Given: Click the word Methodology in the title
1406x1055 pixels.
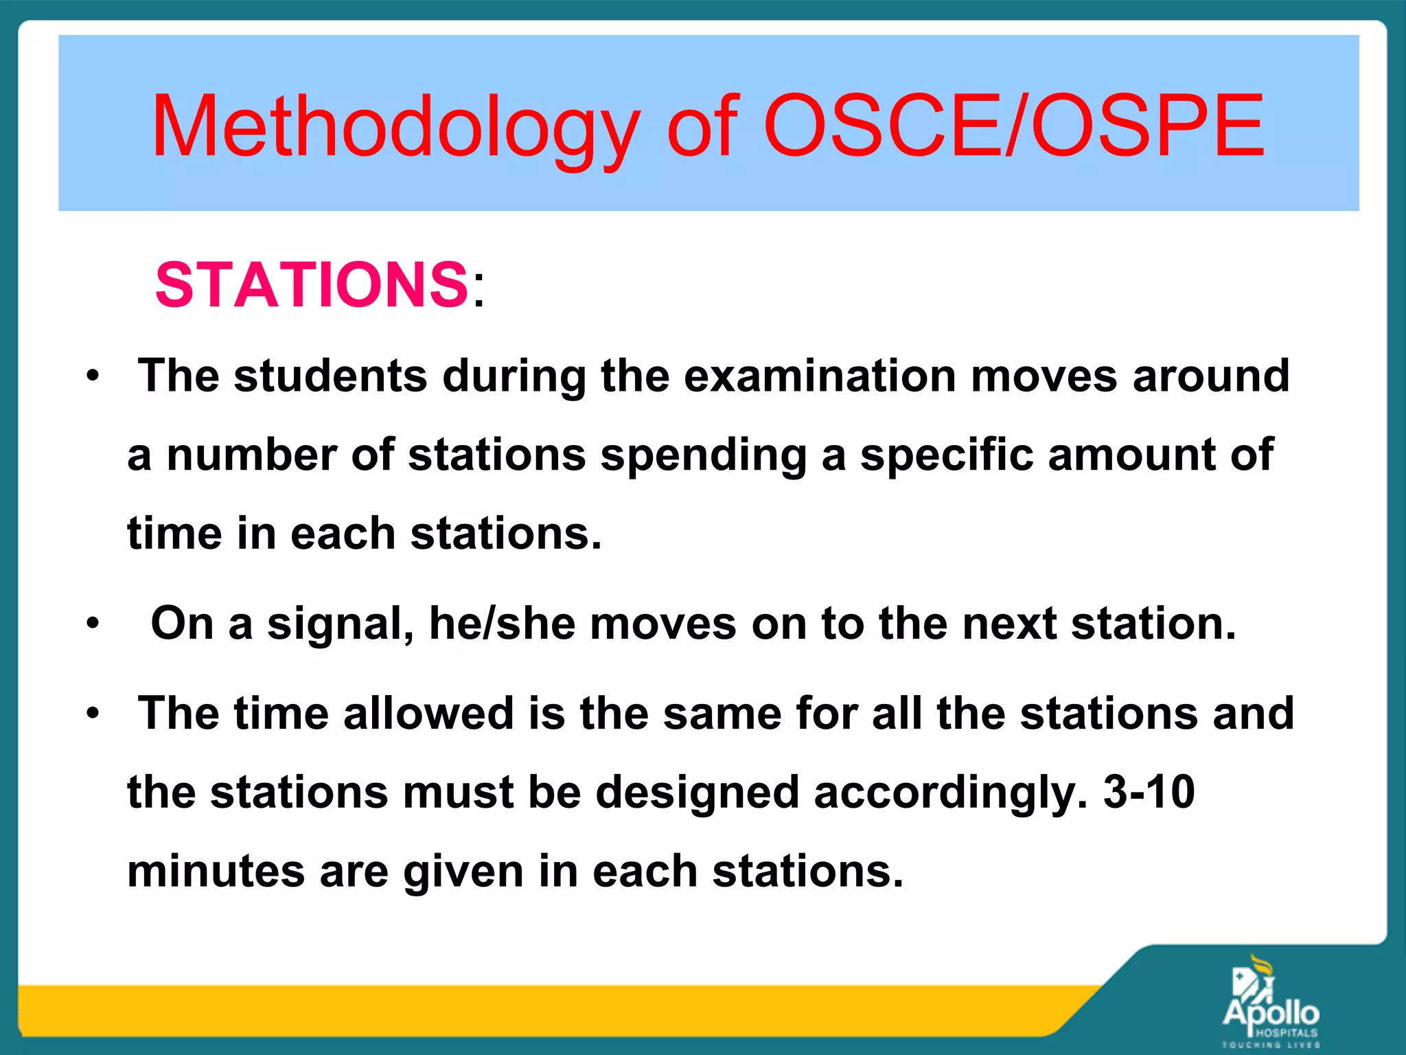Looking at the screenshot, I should click(395, 127).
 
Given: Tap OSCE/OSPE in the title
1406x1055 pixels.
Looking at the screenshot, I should click(1013, 127).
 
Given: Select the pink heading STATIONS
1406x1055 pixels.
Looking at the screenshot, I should click(312, 284).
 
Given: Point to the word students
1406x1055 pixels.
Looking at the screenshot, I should click(330, 376).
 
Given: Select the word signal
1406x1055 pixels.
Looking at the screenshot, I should click(341, 624).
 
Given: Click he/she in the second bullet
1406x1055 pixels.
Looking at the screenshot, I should click(502, 624).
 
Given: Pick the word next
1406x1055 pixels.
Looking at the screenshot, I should click(1009, 624).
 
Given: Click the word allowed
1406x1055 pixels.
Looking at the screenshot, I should click(428, 713).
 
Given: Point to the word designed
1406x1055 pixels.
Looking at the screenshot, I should click(697, 792).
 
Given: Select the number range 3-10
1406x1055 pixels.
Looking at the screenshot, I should click(1149, 792).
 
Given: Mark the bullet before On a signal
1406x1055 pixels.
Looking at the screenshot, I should click(93, 624).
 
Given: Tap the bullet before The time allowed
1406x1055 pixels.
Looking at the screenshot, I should click(93, 714).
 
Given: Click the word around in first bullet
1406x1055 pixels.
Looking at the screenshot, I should click(1211, 376).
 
